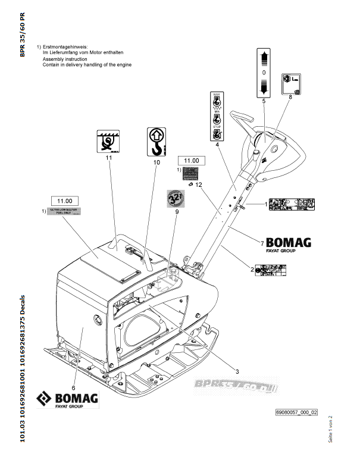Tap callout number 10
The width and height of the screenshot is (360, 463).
(x=156, y=162)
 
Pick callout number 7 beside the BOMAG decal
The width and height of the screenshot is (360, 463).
(x=262, y=243)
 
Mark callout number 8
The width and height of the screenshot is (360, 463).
(x=290, y=96)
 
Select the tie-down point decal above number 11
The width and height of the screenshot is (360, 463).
(x=109, y=140)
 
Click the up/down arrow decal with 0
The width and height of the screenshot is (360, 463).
(x=263, y=73)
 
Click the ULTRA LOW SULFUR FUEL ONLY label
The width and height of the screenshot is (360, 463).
(x=65, y=212)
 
